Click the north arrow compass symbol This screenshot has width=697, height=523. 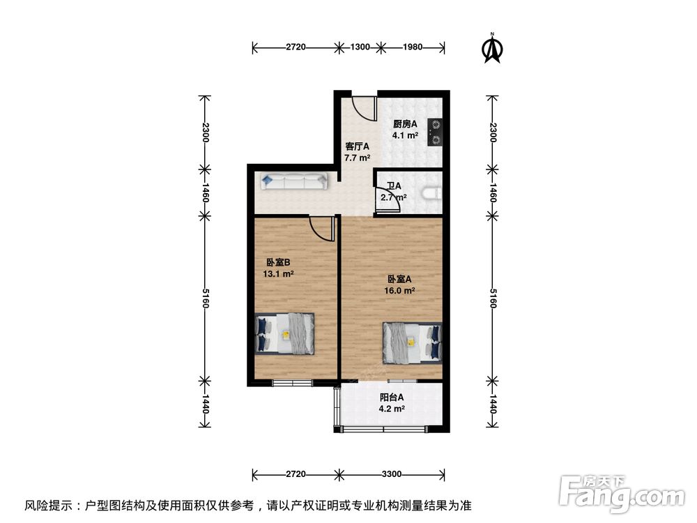[x=492, y=48]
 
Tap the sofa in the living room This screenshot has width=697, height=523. [x=294, y=181]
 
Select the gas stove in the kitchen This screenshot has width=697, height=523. [x=435, y=132]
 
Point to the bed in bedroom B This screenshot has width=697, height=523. [x=284, y=333]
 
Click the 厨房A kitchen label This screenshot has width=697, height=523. [x=405, y=124]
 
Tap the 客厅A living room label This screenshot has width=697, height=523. [x=357, y=146]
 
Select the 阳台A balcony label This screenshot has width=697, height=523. [x=392, y=397]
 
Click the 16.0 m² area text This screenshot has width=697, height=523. [x=399, y=291]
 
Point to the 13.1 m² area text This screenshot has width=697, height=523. [x=278, y=274]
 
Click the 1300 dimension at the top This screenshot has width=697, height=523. [x=360, y=47]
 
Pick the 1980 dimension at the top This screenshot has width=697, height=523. [x=413, y=47]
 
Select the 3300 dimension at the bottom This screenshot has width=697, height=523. [x=392, y=474]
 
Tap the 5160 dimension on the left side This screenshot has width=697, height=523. [x=205, y=298]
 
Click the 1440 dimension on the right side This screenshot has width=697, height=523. [x=493, y=404]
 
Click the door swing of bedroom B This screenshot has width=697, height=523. [x=321, y=228]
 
